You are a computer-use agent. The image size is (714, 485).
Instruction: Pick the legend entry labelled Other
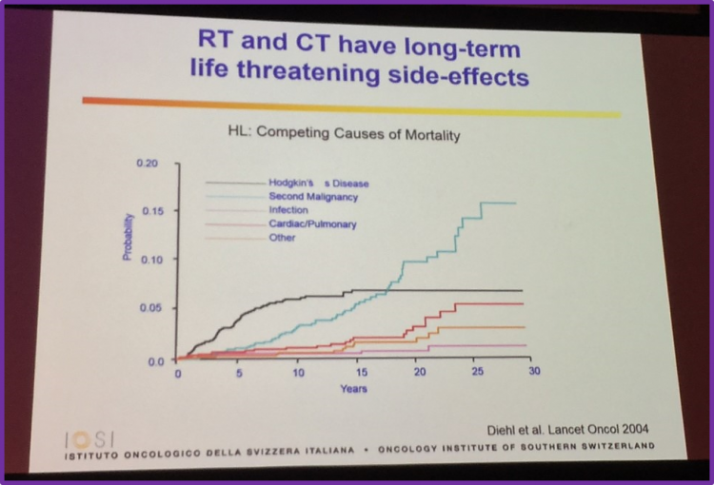282,237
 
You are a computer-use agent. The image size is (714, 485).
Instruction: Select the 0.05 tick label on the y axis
151,309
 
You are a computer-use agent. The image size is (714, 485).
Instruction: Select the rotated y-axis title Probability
129,238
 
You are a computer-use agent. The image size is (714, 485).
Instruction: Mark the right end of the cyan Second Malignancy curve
543,203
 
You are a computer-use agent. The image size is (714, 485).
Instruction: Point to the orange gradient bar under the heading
352,104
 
